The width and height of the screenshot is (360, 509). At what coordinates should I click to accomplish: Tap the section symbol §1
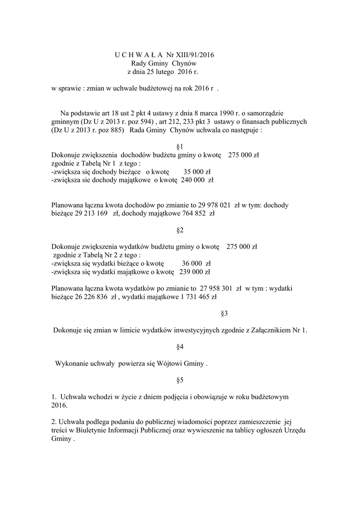180,146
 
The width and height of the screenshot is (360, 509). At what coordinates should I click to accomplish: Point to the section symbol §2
180,230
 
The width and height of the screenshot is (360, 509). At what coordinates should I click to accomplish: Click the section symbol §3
224,313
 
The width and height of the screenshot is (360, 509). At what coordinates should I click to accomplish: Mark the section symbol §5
180,380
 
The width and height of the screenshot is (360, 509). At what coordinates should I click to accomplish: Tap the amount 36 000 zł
196,263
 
